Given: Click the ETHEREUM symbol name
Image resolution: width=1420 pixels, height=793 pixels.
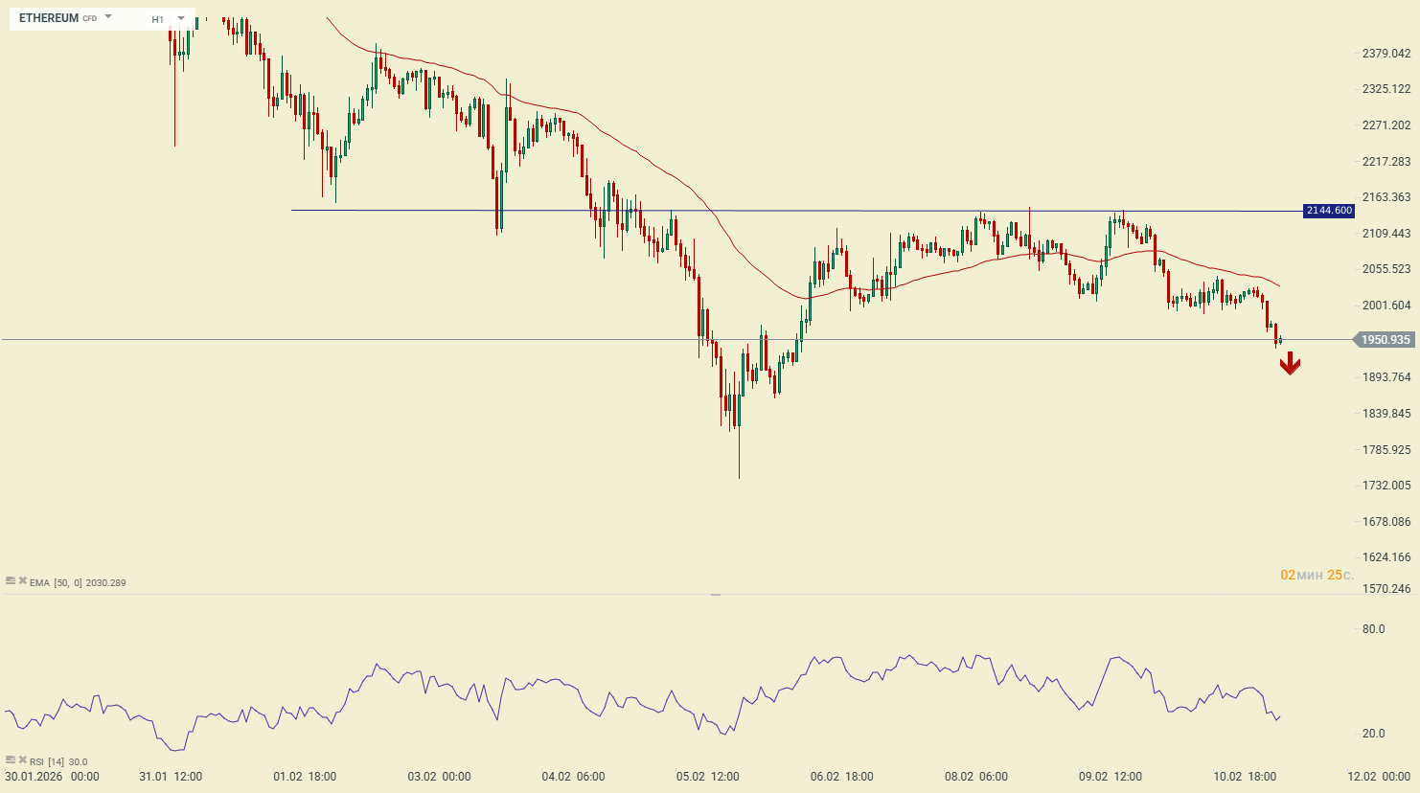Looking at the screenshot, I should tap(49, 18).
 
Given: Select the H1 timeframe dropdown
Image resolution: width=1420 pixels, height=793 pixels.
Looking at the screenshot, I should tap(167, 19).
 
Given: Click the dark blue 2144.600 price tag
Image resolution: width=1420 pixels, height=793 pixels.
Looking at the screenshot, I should tap(1329, 211).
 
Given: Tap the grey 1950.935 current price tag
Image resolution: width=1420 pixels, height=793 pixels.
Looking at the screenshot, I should tap(1385, 340).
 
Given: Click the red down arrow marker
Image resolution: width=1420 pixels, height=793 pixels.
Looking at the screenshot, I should tap(1290, 363).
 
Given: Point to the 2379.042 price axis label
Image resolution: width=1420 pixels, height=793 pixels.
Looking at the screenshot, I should tap(1386, 54).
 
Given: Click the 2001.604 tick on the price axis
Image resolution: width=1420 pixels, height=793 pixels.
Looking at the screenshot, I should tap(1386, 306).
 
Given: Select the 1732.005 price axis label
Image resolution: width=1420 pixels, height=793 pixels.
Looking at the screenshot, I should tap(1386, 486).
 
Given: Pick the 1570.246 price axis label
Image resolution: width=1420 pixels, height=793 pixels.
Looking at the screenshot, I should tap(1386, 589).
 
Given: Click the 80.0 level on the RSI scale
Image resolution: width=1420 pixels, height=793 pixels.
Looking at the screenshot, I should tap(1373, 629).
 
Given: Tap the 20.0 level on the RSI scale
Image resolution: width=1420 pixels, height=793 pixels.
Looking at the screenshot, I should tap(1373, 734).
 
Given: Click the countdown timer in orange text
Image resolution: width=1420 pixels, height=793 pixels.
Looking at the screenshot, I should tap(1317, 576).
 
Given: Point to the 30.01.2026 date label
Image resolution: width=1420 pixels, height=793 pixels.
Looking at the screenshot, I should tap(34, 777).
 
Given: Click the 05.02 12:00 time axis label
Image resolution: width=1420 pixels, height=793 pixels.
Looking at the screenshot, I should tap(707, 777).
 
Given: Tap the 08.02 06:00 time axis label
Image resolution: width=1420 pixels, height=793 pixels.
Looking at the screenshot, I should tap(975, 777).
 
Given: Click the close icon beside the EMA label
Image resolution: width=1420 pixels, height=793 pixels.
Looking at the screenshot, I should tap(22, 581).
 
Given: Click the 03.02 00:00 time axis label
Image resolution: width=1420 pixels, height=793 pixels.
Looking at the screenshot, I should tap(439, 777).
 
